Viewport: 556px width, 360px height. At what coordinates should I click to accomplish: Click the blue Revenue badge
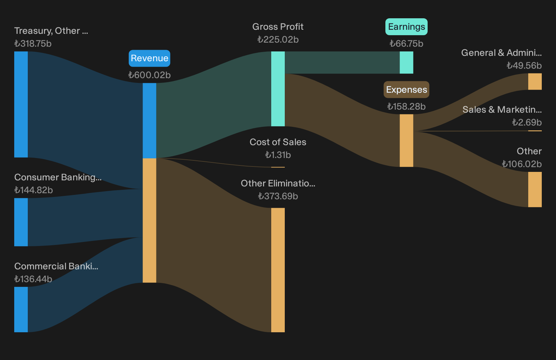tap(149, 58)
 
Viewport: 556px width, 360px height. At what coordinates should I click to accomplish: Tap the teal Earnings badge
tap(406, 27)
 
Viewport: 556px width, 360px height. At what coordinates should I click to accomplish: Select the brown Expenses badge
tap(406, 90)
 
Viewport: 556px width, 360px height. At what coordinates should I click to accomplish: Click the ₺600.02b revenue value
tap(149, 75)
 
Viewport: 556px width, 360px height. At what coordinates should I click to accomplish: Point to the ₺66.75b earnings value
tap(406, 44)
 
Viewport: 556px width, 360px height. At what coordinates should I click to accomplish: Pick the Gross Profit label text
tap(278, 27)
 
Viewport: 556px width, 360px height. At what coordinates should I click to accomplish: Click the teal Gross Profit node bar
tap(278, 89)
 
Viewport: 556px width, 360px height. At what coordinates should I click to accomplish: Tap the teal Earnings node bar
tap(406, 63)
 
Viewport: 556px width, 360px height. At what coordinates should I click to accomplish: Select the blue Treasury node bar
tap(21, 105)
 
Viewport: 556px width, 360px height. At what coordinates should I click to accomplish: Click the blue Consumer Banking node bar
tap(21, 222)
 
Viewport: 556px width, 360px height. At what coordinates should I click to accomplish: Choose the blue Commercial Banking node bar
tap(21, 309)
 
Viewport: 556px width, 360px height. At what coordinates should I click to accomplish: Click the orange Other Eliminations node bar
tap(278, 270)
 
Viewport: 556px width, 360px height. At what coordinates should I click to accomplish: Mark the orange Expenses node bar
tap(406, 140)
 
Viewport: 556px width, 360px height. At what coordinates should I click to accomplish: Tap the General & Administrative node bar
tap(535, 82)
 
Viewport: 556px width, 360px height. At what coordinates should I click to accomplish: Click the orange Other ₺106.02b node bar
tap(535, 189)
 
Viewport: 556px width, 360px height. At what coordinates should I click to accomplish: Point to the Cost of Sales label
tap(278, 142)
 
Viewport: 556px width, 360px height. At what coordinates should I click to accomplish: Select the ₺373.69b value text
tap(278, 196)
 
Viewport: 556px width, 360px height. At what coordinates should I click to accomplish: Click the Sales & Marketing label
tap(502, 110)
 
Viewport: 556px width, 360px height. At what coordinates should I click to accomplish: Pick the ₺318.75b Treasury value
tap(33, 44)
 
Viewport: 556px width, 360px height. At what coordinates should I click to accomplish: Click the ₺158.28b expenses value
tap(406, 107)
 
